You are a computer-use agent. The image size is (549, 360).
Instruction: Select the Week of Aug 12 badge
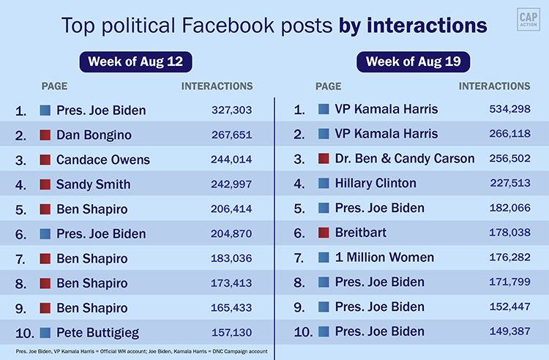coord(135,61)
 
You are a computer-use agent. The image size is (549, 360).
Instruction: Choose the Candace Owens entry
coord(103,160)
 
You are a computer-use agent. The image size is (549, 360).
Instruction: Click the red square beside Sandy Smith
coord(45,184)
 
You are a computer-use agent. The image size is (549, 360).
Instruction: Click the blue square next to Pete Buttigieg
coord(45,332)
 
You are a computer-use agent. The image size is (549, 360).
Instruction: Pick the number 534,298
coord(509,110)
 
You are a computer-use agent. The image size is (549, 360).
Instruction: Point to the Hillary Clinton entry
coord(376,184)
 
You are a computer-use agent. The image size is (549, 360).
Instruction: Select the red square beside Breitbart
coord(324,233)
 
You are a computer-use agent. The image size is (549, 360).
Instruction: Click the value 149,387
coord(509,331)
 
